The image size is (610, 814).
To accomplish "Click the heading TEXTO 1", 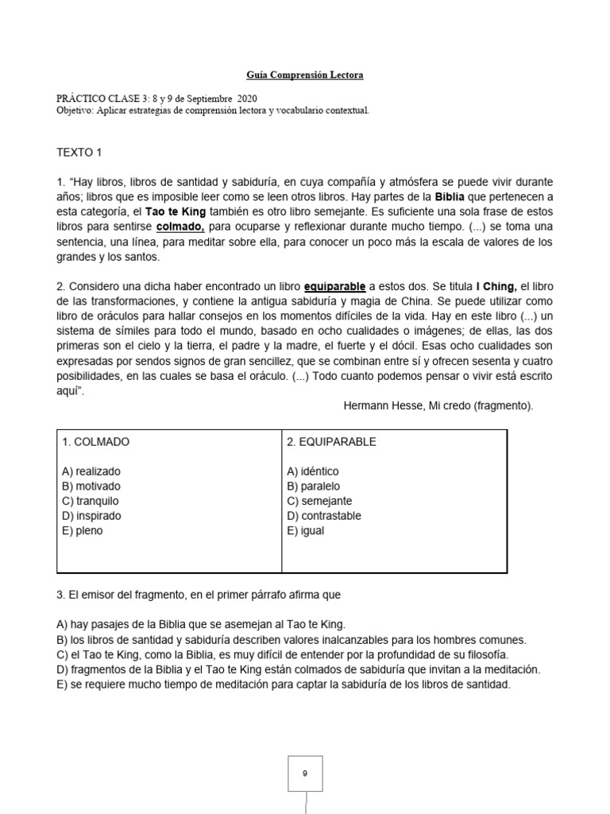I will coord(79,152).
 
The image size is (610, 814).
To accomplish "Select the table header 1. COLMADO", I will coord(95,441).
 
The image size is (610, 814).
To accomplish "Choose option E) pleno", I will coord(82,530).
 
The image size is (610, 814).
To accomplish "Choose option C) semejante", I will coord(319,501).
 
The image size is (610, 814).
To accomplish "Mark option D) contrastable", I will coord(324,516).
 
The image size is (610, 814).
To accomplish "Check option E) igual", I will coord(306,530).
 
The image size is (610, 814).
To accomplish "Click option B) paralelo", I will coord(314,486).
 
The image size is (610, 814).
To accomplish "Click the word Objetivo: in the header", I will coord(75,110).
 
